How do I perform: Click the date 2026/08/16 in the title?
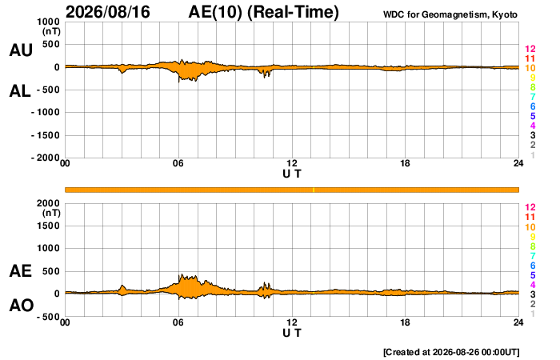click(108, 12)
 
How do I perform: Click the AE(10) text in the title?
click(215, 12)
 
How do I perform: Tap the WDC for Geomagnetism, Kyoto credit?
click(450, 14)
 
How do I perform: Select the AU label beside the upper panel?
click(21, 50)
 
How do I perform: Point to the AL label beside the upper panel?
click(20, 91)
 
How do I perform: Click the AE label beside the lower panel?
click(20, 271)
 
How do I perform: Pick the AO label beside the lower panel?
click(22, 306)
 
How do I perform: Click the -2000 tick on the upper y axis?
click(46, 158)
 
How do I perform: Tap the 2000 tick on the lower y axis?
click(48, 203)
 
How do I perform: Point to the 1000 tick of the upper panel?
click(48, 22)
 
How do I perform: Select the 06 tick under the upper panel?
click(178, 163)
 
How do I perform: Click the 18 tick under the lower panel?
click(405, 322)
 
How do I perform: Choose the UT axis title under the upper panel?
click(292, 174)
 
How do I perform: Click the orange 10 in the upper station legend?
click(530, 68)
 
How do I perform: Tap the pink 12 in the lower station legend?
click(530, 207)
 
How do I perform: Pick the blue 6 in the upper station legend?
click(533, 106)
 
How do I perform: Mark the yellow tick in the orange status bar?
click(314, 190)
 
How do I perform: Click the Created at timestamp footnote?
click(451, 352)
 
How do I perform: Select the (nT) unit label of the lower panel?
click(51, 214)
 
